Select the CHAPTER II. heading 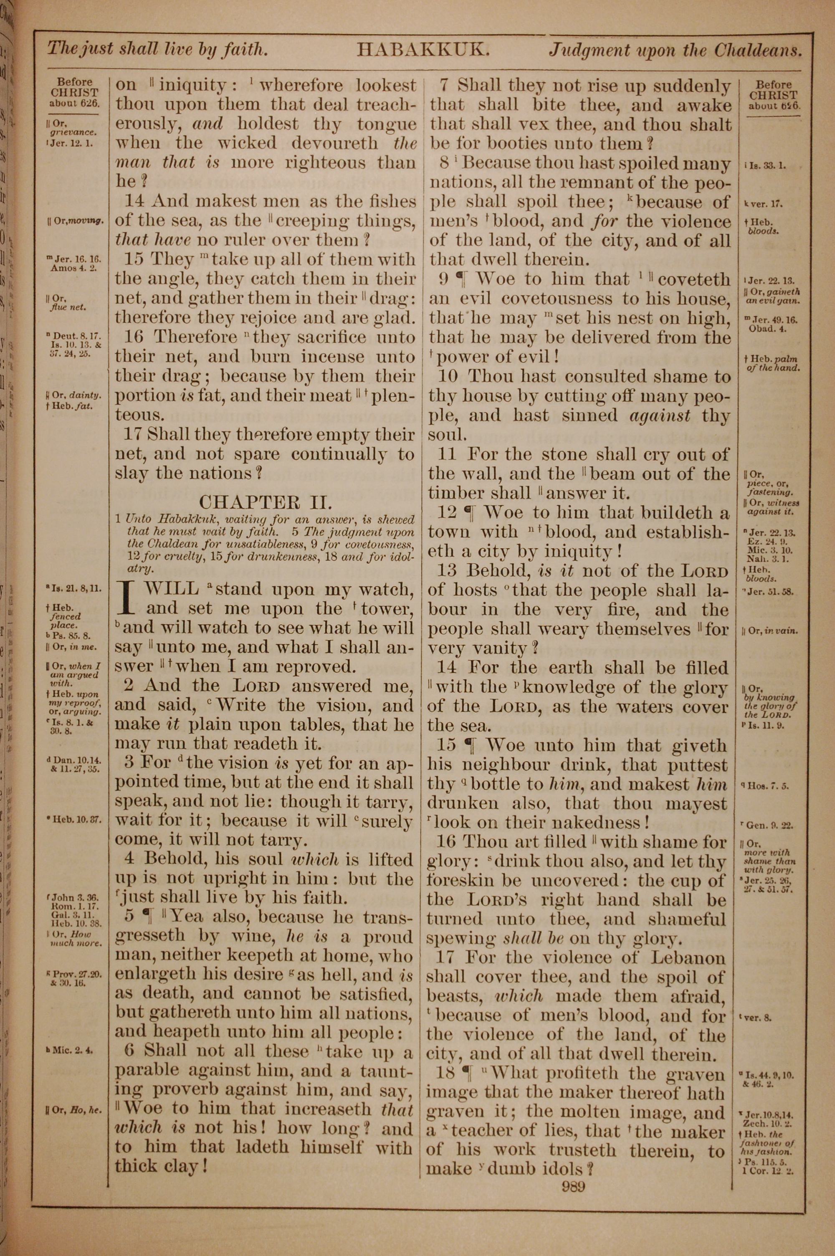(265, 501)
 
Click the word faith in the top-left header (242, 50)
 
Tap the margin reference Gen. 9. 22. (769, 826)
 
